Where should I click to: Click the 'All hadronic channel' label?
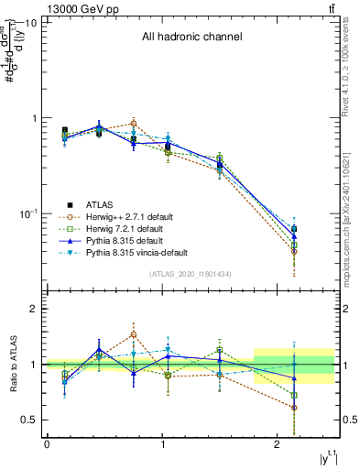coord(191,38)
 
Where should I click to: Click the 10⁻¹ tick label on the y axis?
coord(27,213)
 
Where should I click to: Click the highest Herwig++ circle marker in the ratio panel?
coord(134,334)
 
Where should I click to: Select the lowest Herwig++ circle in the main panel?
coord(294,250)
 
